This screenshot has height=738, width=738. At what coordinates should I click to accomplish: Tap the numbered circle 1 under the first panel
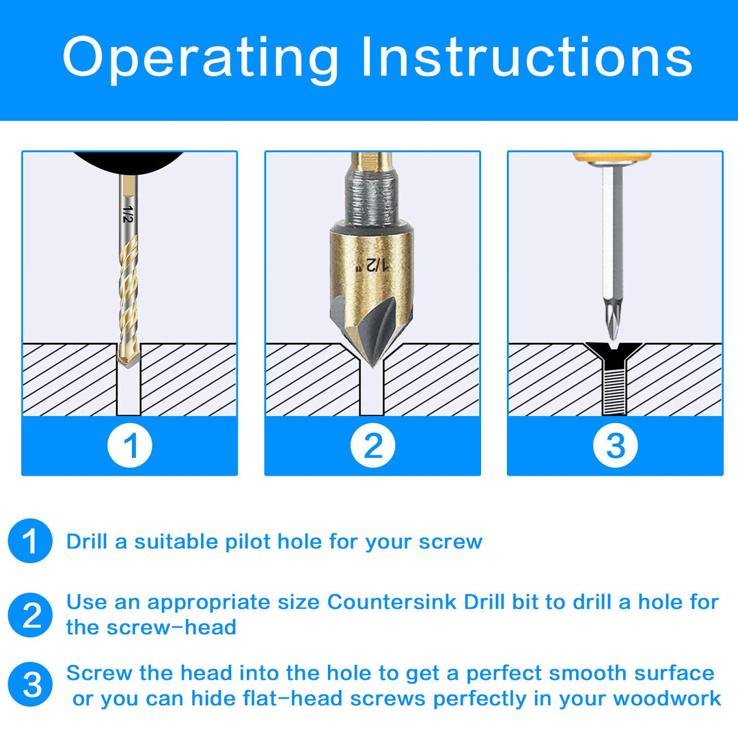130,446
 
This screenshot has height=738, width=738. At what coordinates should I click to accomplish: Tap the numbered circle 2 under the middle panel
372,446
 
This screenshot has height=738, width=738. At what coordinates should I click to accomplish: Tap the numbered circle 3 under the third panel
615,446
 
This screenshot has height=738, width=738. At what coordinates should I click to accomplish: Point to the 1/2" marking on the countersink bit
372,264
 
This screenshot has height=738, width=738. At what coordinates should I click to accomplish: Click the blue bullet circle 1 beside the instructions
30,541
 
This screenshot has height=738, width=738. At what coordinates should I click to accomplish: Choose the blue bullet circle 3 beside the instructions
30,685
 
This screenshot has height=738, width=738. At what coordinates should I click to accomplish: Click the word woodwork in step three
667,698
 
